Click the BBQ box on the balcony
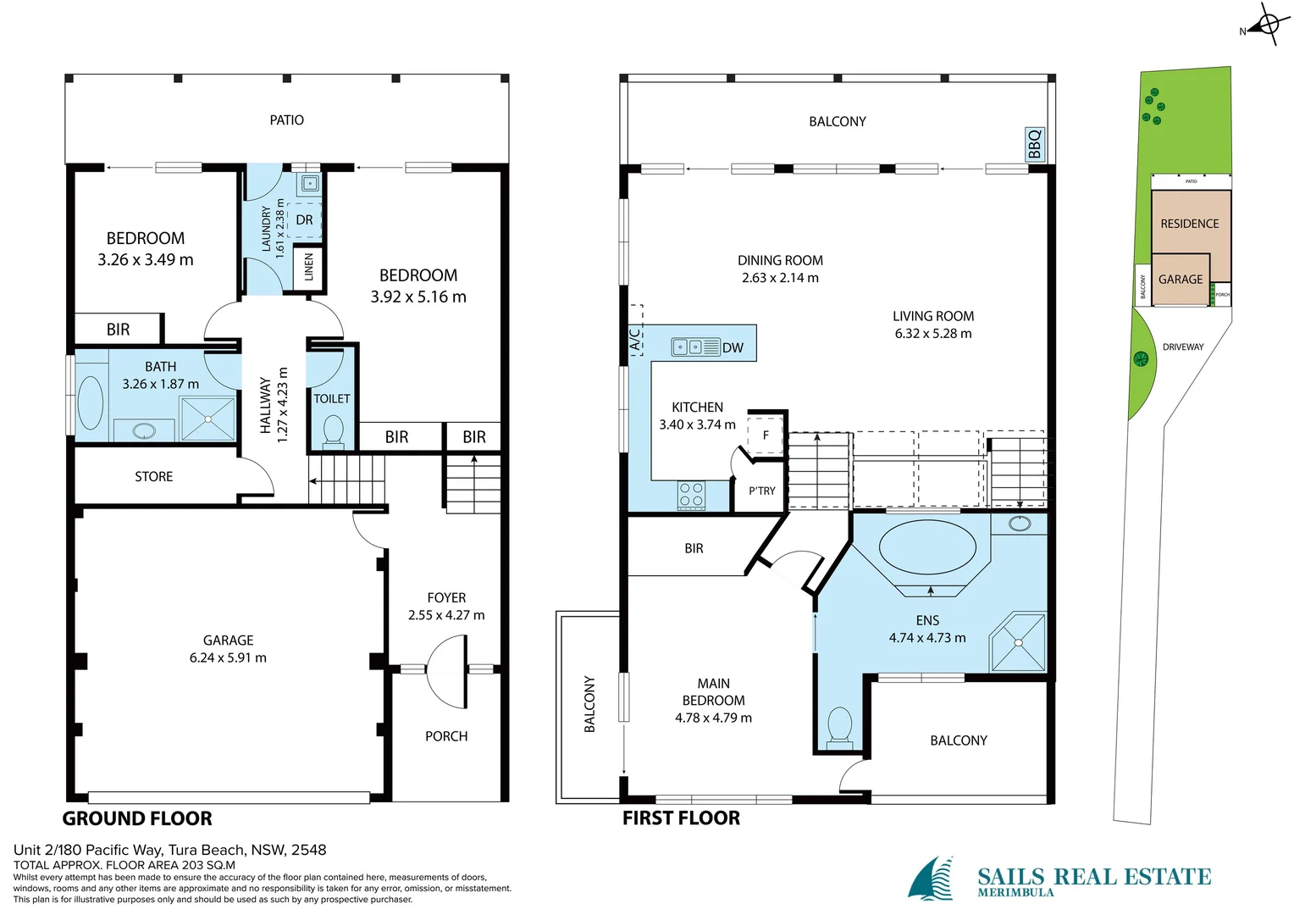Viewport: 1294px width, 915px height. pyautogui.click(x=1034, y=144)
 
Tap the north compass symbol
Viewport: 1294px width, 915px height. pyautogui.click(x=1268, y=25)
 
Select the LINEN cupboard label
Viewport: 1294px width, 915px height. pyautogui.click(x=308, y=267)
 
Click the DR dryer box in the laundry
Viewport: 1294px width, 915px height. pyautogui.click(x=304, y=220)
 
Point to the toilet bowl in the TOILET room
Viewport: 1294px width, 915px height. pyautogui.click(x=333, y=430)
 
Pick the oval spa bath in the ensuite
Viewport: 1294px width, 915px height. pyautogui.click(x=927, y=547)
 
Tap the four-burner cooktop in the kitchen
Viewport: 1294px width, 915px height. pyautogui.click(x=691, y=495)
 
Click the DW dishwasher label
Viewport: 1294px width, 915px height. pyautogui.click(x=733, y=347)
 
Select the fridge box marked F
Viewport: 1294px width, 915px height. pyautogui.click(x=766, y=435)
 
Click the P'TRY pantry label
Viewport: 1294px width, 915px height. pyautogui.click(x=761, y=491)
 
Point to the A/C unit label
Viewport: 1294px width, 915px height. pyautogui.click(x=635, y=339)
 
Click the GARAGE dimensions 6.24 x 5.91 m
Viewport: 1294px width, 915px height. pyautogui.click(x=228, y=657)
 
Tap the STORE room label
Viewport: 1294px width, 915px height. pyautogui.click(x=153, y=477)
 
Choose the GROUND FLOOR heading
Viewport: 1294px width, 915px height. pyautogui.click(x=137, y=818)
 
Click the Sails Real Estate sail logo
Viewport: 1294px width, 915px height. pyautogui.click(x=932, y=879)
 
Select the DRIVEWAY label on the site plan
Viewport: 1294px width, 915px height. pyautogui.click(x=1182, y=347)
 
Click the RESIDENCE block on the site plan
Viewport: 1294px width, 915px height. pyautogui.click(x=1189, y=224)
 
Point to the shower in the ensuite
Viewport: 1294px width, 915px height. pyautogui.click(x=1018, y=642)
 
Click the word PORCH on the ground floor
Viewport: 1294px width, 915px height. pyautogui.click(x=446, y=736)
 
